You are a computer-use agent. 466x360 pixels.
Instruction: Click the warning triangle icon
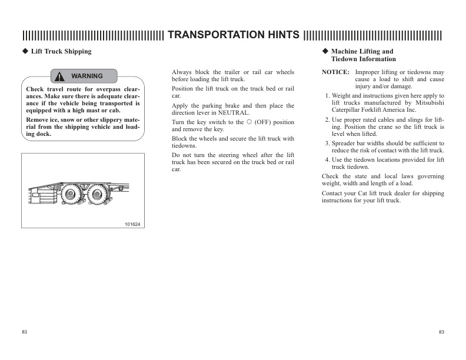click(x=60, y=76)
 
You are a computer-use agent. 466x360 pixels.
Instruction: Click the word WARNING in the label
click(x=86, y=76)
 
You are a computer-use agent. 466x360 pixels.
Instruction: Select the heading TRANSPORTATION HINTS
click(x=232, y=34)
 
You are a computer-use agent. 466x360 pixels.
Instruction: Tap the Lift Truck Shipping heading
click(x=61, y=51)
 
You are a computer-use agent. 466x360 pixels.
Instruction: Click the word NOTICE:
click(x=336, y=72)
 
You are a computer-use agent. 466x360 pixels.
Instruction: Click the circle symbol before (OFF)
click(x=249, y=122)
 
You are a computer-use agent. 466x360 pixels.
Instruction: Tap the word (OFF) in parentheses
click(x=262, y=122)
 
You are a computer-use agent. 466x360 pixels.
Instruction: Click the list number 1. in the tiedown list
click(x=327, y=95)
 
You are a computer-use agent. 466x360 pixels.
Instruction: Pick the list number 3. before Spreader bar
click(x=327, y=143)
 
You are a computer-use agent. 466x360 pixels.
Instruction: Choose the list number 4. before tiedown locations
click(x=327, y=160)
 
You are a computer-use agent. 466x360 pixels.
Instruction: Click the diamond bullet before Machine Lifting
click(x=325, y=51)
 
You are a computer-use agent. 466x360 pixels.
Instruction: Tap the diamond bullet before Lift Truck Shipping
click(x=25, y=51)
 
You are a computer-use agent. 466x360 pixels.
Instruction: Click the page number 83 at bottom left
click(x=25, y=332)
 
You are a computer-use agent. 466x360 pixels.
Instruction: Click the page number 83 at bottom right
click(x=441, y=332)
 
